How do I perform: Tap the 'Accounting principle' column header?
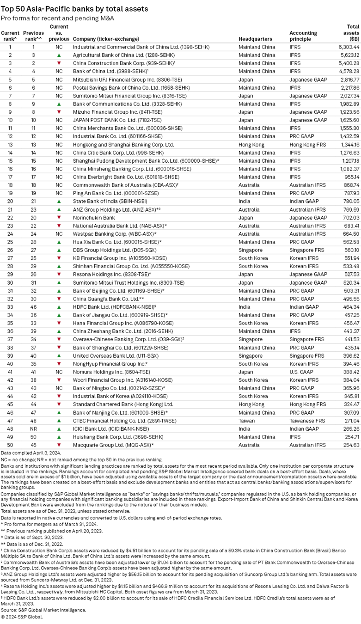(303, 36)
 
